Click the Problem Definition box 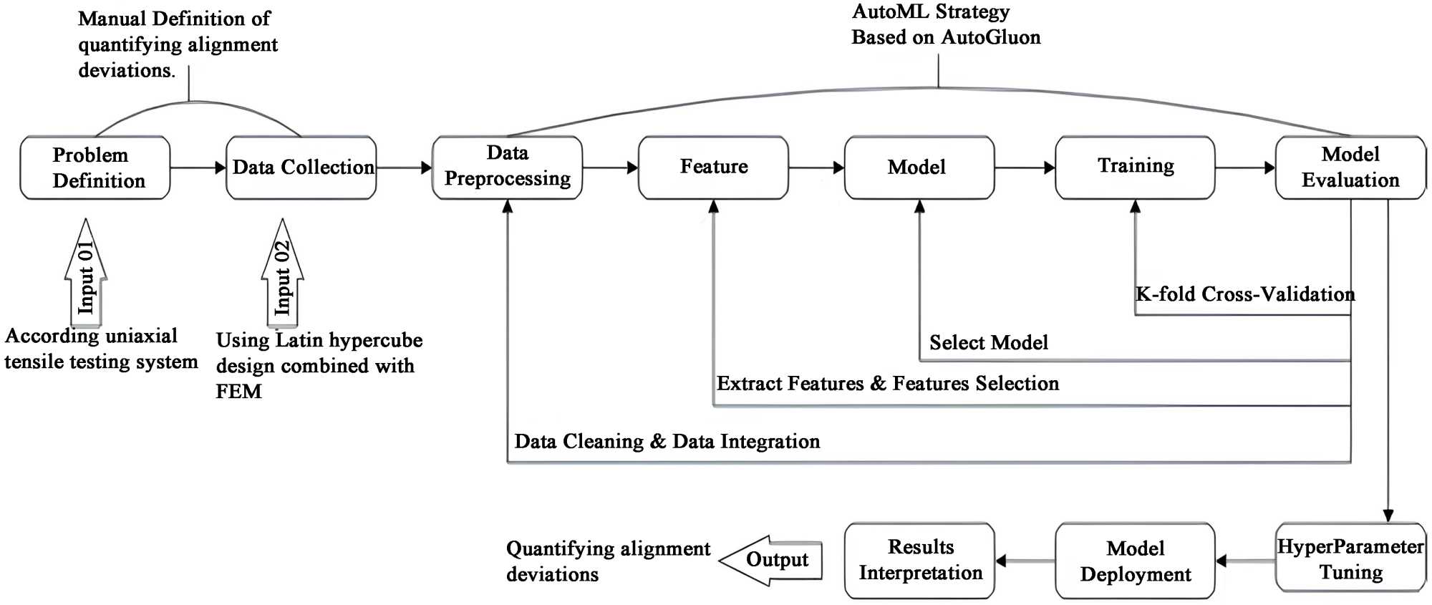pos(95,168)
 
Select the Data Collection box pos(301,168)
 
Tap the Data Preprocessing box pos(507,168)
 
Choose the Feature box pos(713,168)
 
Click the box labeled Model pos(919,168)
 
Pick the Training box pos(1135,168)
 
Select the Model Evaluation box pos(1350,168)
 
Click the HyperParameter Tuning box pos(1350,559)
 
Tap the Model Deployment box pos(1135,561)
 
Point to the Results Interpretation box pos(919,561)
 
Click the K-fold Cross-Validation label pos(1245,294)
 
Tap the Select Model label pos(988,343)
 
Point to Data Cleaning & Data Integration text pos(667,442)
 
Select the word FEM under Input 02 pos(238,392)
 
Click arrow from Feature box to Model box pos(816,168)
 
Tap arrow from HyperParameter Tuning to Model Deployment pos(1245,561)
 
